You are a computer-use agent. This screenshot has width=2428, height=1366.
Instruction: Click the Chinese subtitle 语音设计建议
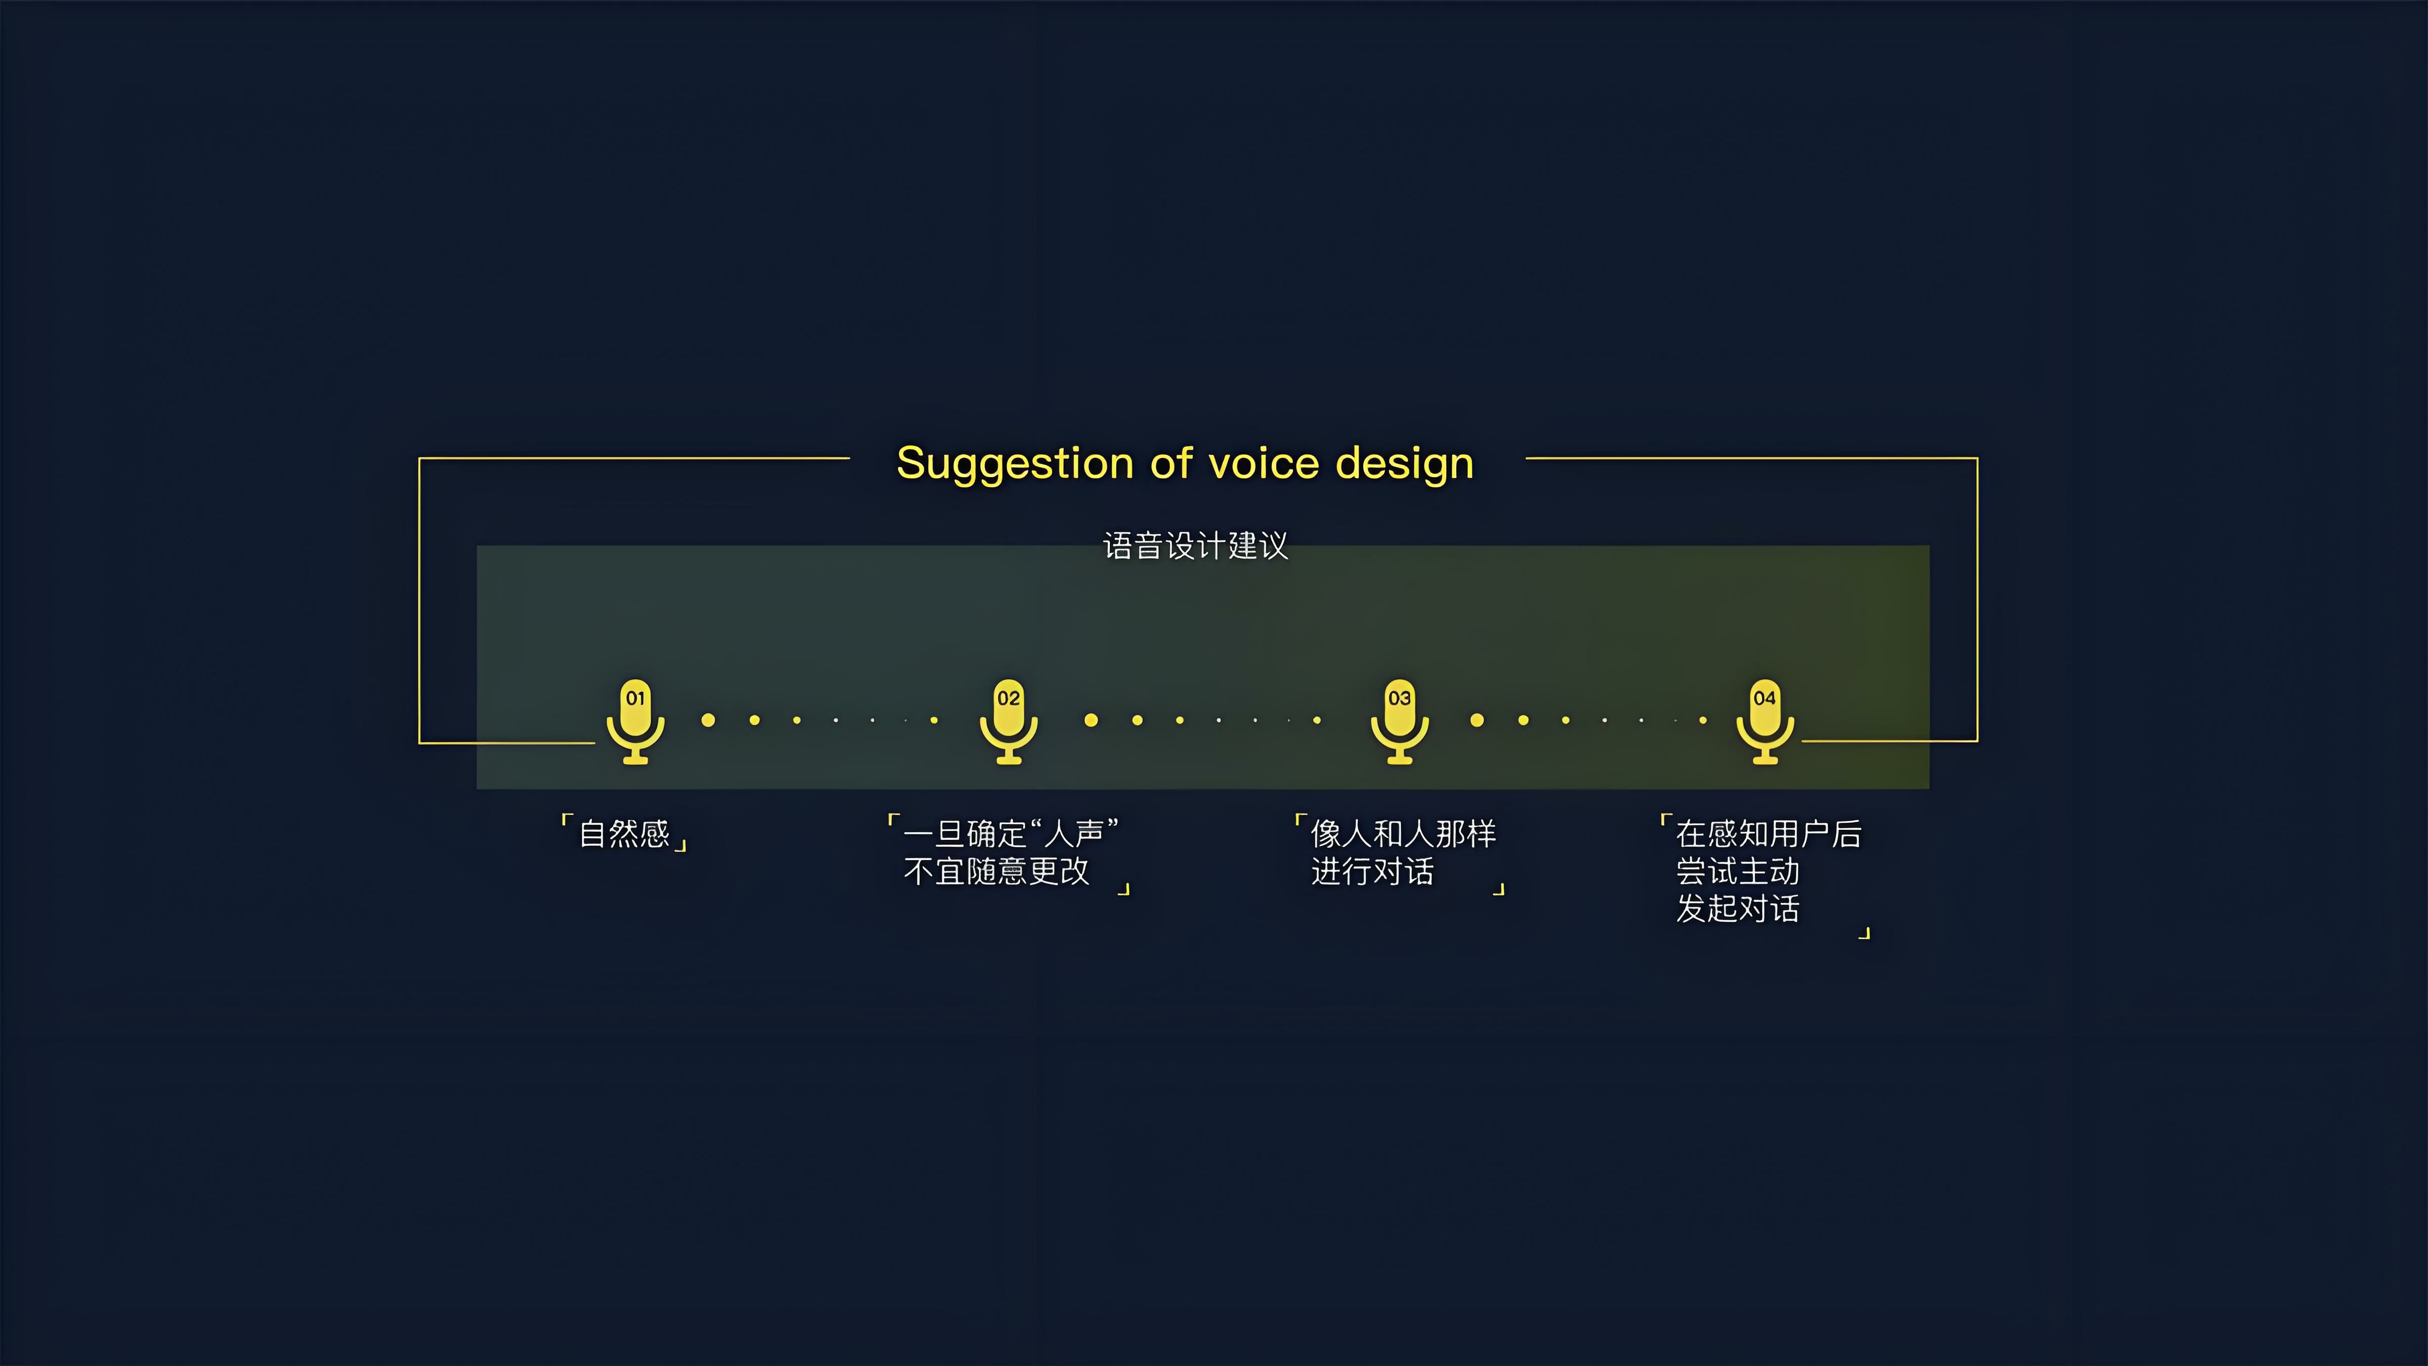point(1195,546)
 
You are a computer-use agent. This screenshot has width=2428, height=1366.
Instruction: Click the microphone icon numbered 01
point(635,721)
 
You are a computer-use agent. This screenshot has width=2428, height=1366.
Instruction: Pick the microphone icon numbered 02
point(1009,721)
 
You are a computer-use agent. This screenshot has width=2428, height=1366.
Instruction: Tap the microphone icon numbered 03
point(1400,721)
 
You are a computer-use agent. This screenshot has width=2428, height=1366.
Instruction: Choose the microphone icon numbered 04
point(1765,721)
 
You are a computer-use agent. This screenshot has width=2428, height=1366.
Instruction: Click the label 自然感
point(624,833)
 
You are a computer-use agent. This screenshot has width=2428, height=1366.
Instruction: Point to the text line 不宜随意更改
point(996,871)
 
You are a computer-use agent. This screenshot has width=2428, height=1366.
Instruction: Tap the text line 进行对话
point(1372,871)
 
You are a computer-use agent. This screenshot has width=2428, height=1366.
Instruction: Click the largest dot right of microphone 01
point(708,720)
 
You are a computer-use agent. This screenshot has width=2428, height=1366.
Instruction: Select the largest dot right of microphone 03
point(1477,720)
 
